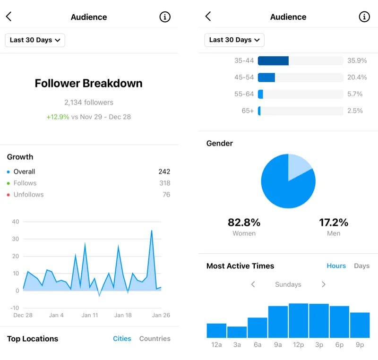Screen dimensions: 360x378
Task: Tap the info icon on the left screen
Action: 164,17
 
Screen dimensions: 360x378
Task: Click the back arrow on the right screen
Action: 208,17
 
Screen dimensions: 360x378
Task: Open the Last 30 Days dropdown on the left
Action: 35,40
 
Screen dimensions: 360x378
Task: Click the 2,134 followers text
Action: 89,103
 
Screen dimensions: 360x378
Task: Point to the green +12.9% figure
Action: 58,117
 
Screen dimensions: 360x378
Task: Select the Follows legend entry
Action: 25,183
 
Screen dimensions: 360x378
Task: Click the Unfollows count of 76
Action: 166,195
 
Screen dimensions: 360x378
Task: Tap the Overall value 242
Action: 164,172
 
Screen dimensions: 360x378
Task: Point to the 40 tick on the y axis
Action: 16,222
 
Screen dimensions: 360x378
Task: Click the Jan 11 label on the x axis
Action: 90,315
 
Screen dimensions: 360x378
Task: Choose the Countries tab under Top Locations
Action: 155,339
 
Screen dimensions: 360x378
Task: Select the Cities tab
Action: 122,339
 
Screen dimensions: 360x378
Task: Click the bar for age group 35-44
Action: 274,61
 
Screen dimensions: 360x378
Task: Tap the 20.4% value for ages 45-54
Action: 357,77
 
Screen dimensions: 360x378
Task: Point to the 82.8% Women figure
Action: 244,223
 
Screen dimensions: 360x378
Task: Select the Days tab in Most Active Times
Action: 361,266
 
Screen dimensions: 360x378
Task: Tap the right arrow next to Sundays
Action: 324,284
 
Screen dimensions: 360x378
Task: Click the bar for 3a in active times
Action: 237,332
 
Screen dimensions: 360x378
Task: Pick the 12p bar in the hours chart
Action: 298,321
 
